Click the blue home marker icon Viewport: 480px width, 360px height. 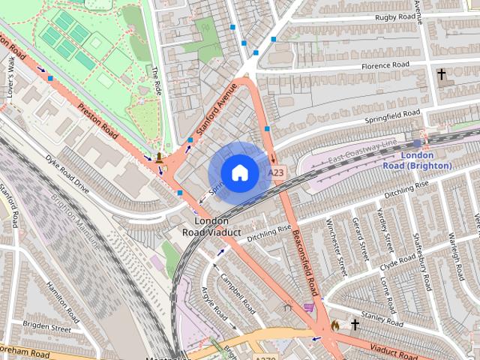click(238, 172)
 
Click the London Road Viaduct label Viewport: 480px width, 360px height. click(211, 226)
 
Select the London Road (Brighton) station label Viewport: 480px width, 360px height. click(426, 160)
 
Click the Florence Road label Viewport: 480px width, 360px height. click(385, 66)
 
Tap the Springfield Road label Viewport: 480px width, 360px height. click(393, 115)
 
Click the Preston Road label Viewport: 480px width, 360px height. click(98, 120)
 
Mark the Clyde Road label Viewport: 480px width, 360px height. click(398, 262)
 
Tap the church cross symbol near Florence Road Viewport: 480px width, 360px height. click(442, 74)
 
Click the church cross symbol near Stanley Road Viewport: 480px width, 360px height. click(355, 325)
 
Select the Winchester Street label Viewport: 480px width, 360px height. click(334, 245)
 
